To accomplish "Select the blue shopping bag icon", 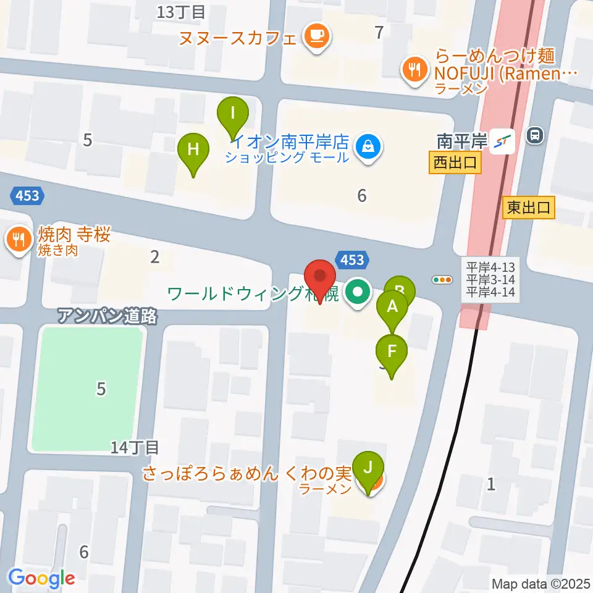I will [x=368, y=147].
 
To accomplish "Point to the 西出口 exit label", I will [x=455, y=163].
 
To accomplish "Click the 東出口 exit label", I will [x=529, y=208].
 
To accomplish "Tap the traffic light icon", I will [x=442, y=279].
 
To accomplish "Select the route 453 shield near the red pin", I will [x=353, y=260].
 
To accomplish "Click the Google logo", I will [x=42, y=578].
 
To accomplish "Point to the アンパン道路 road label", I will [x=108, y=316].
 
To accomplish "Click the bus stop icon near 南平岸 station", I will [x=535, y=135].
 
